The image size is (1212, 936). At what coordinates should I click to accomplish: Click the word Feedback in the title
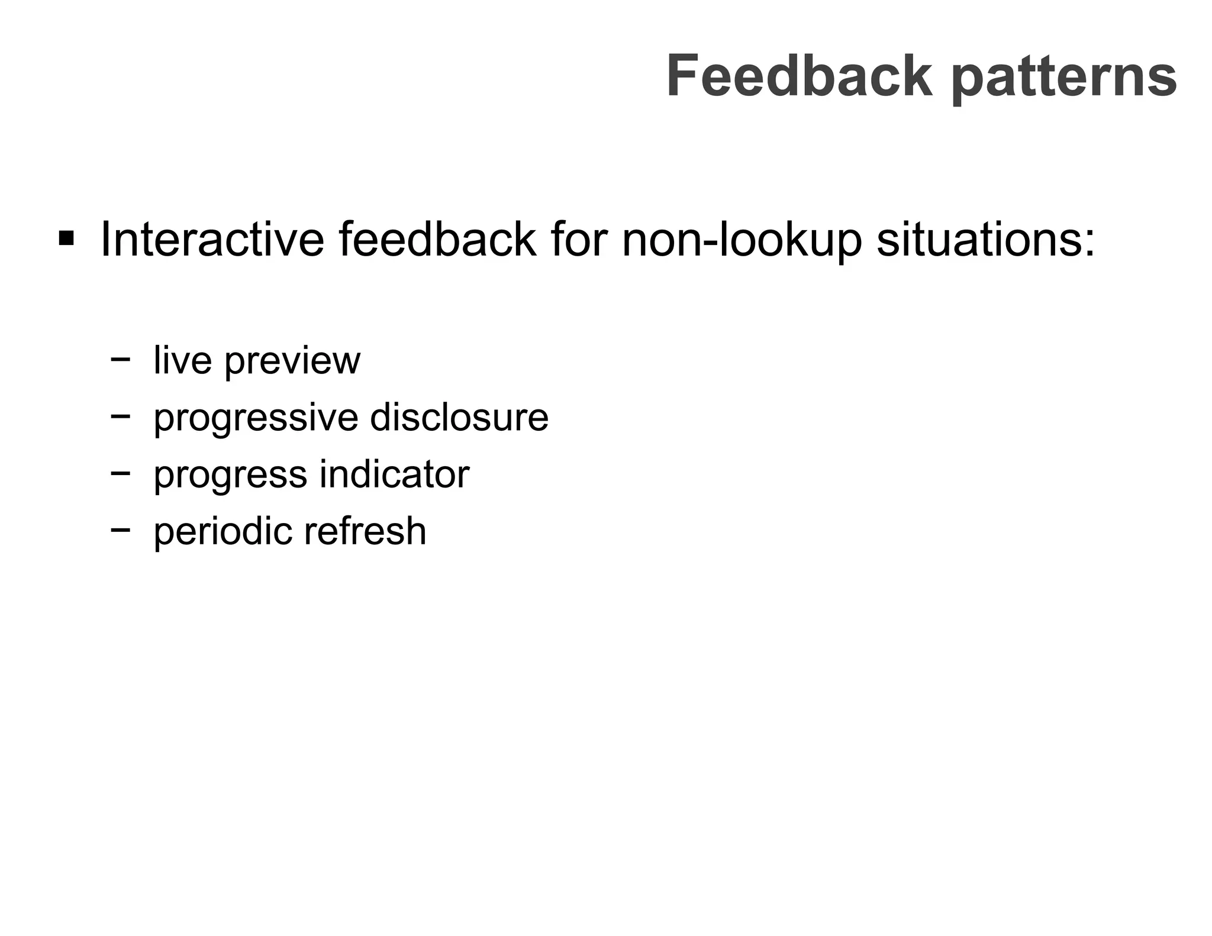[x=800, y=76]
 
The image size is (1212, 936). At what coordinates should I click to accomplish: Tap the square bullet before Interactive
[x=66, y=240]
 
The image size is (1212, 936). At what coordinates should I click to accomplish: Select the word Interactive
[x=212, y=240]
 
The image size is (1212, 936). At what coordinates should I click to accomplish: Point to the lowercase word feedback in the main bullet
[x=437, y=240]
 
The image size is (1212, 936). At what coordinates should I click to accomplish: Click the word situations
[x=985, y=240]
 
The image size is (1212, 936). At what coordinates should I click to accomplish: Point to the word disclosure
[x=459, y=417]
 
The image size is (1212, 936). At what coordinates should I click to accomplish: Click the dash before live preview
[x=120, y=359]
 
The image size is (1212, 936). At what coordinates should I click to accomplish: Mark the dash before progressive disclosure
[x=120, y=416]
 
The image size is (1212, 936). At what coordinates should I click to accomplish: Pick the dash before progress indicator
[x=120, y=473]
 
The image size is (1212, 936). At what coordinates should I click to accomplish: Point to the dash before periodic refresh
[x=120, y=530]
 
